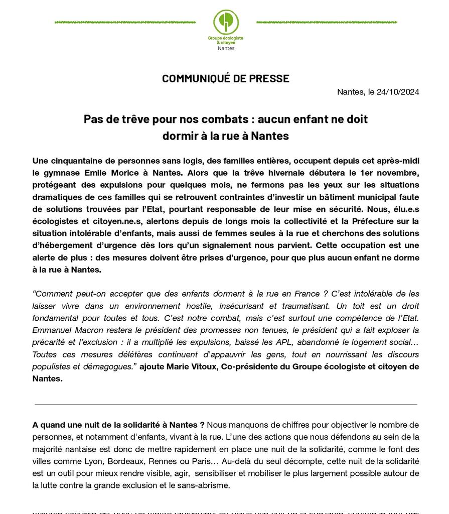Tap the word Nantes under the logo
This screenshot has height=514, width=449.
[x=226, y=48]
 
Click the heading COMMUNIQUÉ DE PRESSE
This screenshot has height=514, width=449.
[x=226, y=79]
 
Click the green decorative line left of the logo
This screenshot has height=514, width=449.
[x=125, y=22]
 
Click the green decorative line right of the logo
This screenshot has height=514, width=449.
[x=327, y=22]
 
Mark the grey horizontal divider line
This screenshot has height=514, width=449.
[x=226, y=404]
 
